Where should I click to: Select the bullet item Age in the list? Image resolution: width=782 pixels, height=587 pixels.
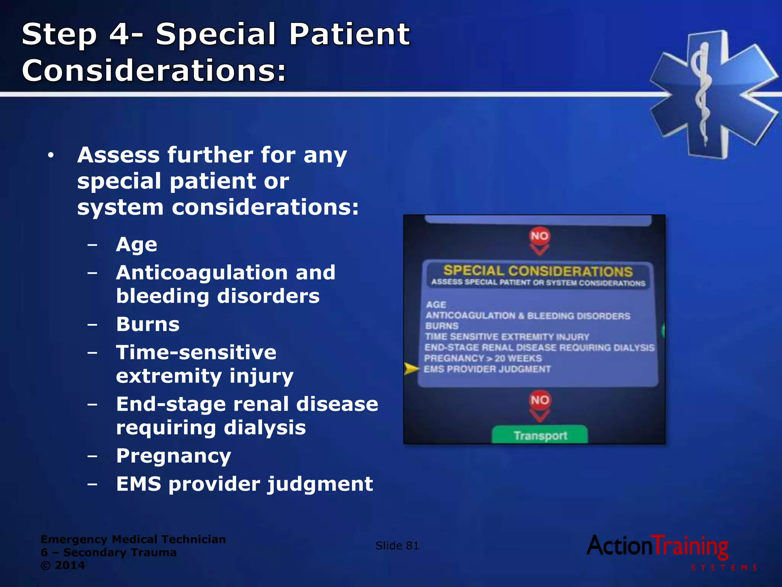point(136,245)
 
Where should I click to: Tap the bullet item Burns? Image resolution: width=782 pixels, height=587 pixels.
point(148,325)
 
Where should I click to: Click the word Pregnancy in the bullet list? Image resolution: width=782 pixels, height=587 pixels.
point(174,456)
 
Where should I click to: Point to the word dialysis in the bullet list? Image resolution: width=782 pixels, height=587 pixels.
point(265,428)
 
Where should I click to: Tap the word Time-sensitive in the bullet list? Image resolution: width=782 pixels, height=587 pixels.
point(196,352)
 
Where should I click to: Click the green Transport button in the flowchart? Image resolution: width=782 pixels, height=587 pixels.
point(540,435)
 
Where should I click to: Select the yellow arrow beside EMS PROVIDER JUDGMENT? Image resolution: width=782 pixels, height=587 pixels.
point(411,369)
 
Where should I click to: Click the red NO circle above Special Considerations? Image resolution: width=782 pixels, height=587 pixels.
point(540,236)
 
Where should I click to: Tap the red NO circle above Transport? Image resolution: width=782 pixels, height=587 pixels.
point(540,400)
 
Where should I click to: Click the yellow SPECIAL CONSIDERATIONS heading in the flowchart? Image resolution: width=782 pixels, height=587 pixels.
point(538,271)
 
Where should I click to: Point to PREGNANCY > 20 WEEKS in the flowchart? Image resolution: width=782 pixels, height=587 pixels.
point(483,358)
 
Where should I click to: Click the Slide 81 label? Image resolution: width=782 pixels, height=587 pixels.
point(397,546)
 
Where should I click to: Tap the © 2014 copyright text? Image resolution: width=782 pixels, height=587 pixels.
point(63,565)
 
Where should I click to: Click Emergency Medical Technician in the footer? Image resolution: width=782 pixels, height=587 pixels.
point(133,539)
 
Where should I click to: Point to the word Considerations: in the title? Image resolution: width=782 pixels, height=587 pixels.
point(154,71)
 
